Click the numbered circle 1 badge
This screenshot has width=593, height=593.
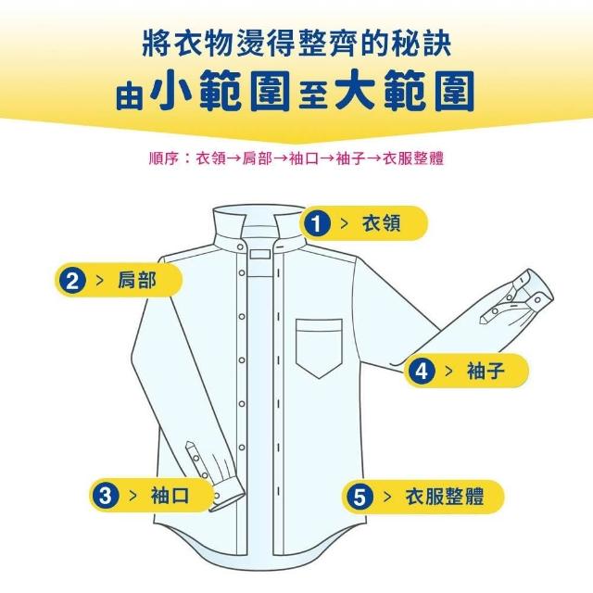[x=317, y=223]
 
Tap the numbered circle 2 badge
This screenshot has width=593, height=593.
[x=72, y=281]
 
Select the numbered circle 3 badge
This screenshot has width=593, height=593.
[x=106, y=496]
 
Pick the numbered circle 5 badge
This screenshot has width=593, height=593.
[x=360, y=497]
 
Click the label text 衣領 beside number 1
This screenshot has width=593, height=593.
[x=381, y=223]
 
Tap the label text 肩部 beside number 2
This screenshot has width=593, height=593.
[x=137, y=281]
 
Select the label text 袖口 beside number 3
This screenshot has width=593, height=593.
[x=170, y=496]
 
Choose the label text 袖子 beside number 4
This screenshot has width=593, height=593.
[x=486, y=371]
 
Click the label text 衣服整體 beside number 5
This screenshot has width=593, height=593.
[x=445, y=497]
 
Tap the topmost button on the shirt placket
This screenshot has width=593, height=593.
[x=241, y=247]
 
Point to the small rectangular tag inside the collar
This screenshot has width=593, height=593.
[x=260, y=254]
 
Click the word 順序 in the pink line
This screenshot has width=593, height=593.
[x=163, y=158]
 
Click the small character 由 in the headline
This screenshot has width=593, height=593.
[x=130, y=96]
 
